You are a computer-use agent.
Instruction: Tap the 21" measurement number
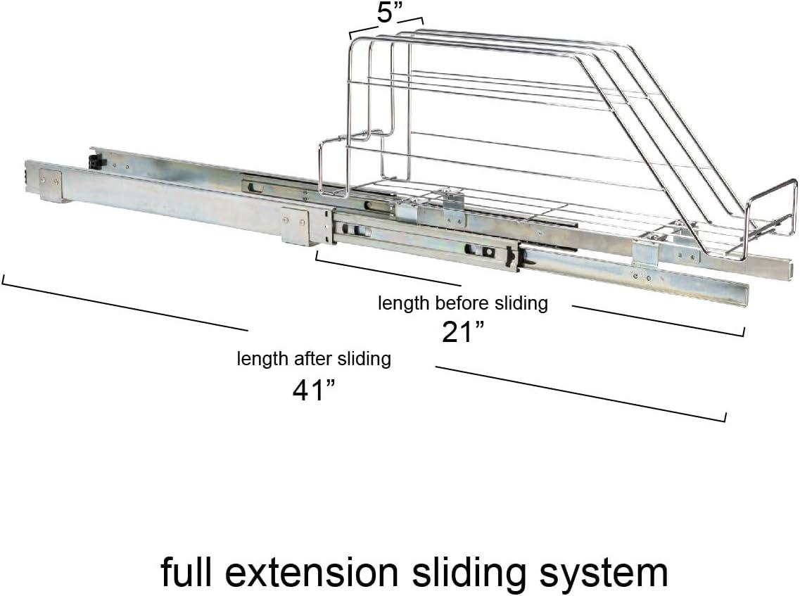[x=464, y=332]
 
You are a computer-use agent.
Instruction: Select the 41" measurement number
[x=313, y=389]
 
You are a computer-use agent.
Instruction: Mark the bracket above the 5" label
[x=386, y=28]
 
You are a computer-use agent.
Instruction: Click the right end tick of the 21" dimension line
[x=744, y=331]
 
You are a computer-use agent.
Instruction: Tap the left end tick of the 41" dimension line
[x=4, y=279]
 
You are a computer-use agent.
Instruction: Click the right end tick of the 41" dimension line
[x=725, y=417]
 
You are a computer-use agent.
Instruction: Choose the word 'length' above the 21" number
[x=403, y=304]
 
